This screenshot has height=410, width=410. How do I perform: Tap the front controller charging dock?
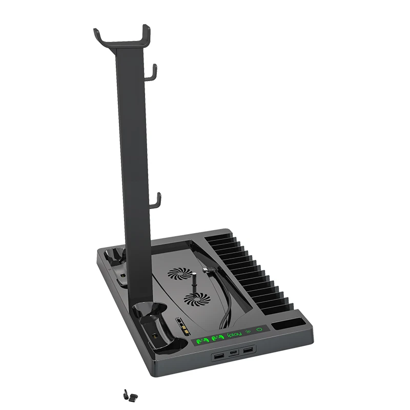[x=152, y=328]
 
